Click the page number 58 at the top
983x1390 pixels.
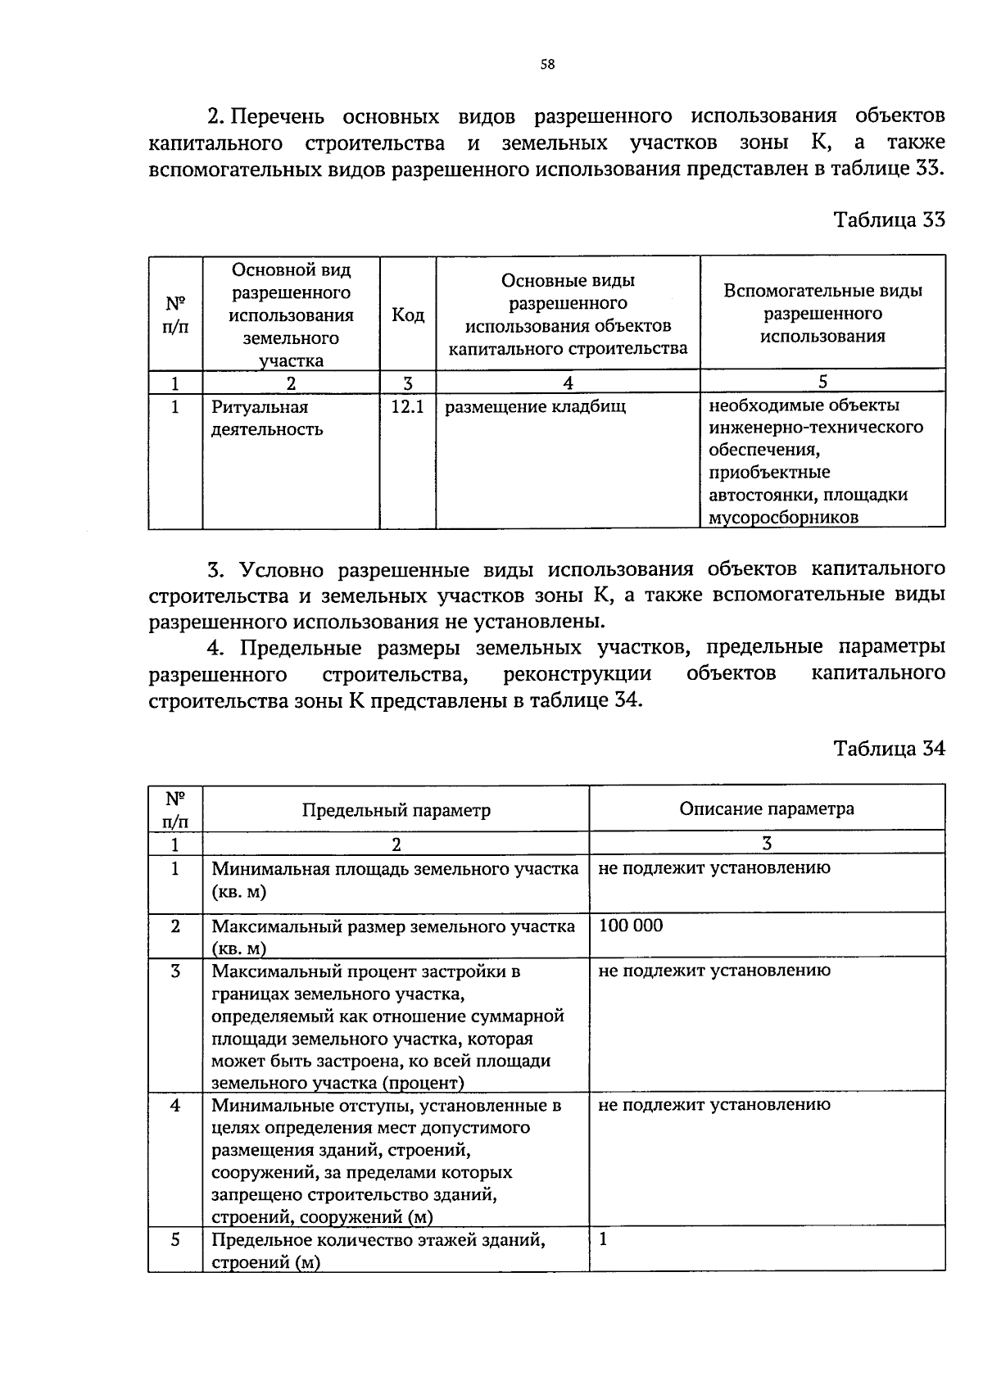pos(548,65)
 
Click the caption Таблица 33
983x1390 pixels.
pos(889,220)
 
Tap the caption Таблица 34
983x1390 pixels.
pos(889,748)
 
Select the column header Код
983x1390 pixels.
pos(408,315)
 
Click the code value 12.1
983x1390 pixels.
pos(407,405)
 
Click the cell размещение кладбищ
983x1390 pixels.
pos(535,406)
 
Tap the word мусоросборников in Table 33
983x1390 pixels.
pos(783,517)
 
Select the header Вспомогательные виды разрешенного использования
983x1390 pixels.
pos(822,313)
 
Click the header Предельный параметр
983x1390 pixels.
pos(396,810)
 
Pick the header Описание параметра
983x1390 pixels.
pos(766,808)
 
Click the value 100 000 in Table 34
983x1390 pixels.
pos(631,926)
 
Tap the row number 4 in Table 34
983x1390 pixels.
pos(175,1105)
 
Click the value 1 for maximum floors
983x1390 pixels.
pos(603,1239)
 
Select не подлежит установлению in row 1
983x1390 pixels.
pos(713,868)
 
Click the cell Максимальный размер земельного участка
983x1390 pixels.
pos(393,937)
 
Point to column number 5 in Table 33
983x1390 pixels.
pos(822,382)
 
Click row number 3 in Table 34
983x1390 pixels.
pos(175,971)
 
